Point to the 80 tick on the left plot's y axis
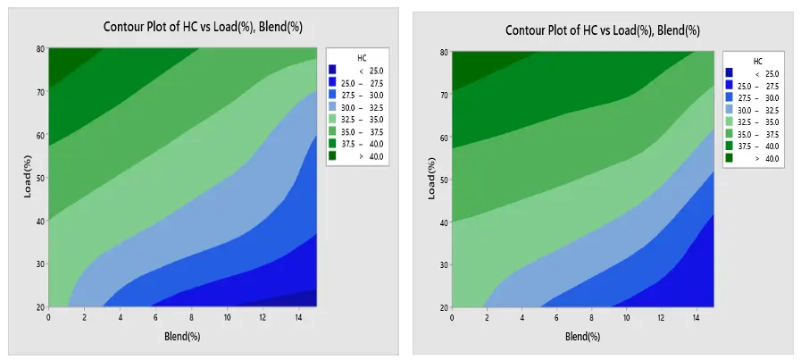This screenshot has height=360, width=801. (40, 49)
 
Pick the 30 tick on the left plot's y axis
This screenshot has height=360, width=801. (40, 264)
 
